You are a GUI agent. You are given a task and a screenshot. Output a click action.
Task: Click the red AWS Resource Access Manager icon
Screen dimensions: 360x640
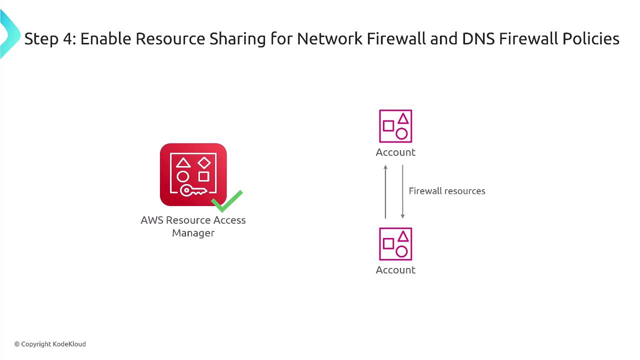point(193,174)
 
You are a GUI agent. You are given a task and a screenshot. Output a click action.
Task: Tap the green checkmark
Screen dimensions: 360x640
point(227,201)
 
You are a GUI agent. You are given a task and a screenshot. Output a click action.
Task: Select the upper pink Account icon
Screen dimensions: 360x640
point(395,126)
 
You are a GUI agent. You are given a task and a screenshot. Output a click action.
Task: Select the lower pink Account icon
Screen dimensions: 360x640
point(395,244)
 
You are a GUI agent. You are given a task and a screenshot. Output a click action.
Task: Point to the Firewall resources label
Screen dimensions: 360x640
point(447,191)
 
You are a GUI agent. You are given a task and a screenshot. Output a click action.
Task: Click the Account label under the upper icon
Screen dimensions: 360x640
point(395,152)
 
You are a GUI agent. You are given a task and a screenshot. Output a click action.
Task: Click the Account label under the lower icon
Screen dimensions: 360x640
point(395,270)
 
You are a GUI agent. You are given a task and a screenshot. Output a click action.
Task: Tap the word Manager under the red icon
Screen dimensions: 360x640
point(193,233)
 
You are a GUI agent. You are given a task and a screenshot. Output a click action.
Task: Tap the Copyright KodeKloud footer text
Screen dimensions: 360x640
point(50,344)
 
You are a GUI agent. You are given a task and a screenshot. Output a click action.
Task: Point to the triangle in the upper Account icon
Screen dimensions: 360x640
point(403,119)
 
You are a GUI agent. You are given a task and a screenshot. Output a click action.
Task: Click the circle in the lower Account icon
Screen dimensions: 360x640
point(401,251)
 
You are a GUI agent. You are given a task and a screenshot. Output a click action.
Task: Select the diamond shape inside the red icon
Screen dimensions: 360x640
point(203,162)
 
